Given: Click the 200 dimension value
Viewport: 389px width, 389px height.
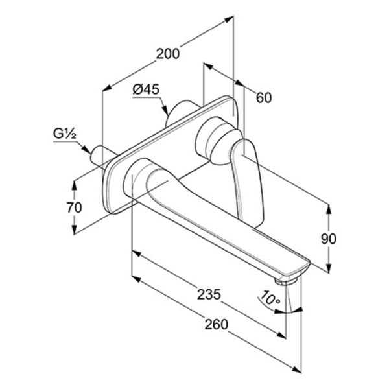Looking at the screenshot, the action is click(168, 54).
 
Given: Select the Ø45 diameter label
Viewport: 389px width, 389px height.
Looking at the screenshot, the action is click(146, 89).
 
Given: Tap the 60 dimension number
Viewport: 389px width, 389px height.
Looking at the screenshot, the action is click(264, 97).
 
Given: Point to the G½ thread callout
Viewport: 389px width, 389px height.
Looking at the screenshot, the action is click(64, 134).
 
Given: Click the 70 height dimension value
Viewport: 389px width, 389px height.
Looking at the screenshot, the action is click(74, 207).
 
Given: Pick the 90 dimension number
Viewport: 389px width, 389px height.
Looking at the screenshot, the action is click(329, 239).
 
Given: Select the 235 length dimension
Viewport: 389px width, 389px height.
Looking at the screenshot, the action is click(209, 294).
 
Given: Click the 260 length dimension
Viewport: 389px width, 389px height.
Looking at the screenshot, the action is click(216, 325).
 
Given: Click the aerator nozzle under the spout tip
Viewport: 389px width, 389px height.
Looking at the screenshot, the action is click(286, 281).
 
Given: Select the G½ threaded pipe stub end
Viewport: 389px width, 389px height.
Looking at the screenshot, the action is click(96, 156).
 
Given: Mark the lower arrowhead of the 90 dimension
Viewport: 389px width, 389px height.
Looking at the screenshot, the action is click(329, 268).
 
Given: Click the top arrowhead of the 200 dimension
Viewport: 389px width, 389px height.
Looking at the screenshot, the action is click(229, 19).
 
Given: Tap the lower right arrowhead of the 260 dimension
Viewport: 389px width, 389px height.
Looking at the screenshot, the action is click(296, 370).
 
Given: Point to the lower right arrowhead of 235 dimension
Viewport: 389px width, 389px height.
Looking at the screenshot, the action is click(281, 335).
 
